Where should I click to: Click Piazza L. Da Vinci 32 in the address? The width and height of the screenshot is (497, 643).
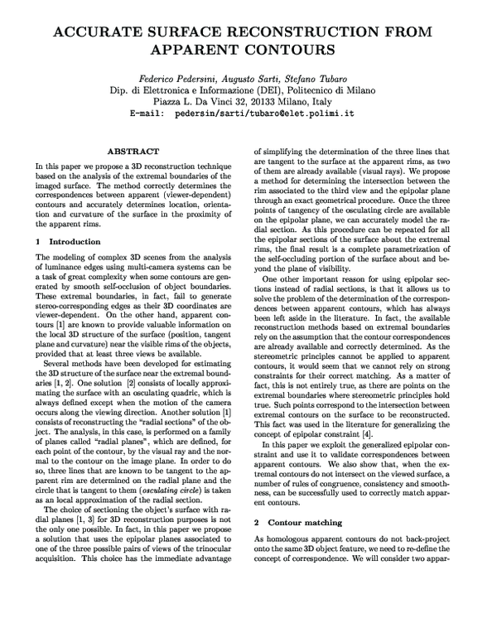tap(201, 101)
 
